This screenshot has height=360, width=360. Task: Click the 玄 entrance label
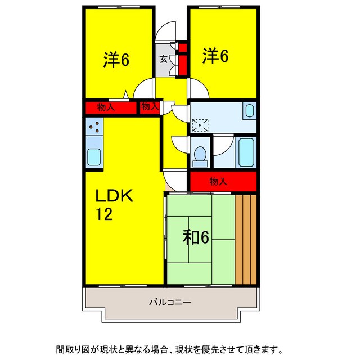(163, 59)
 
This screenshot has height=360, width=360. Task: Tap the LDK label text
(113, 196)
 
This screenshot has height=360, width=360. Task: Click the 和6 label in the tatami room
(196, 238)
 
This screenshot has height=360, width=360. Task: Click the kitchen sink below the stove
(94, 156)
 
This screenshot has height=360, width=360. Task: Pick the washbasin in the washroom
(249, 111)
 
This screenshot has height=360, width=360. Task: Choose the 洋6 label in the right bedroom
(216, 56)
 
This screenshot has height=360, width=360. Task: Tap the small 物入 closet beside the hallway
(150, 106)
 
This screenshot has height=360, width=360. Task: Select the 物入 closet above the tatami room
(223, 181)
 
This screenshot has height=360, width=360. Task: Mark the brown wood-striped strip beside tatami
(246, 239)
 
